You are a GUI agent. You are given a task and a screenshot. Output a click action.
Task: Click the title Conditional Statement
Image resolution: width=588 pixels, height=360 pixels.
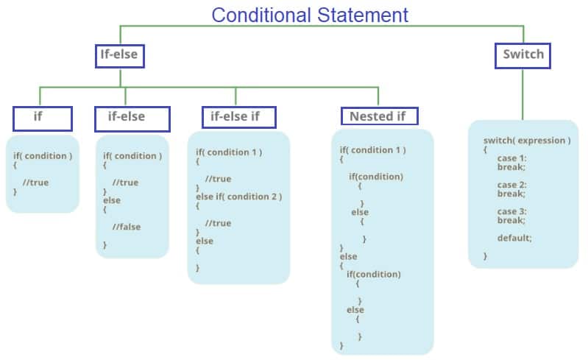click(309, 14)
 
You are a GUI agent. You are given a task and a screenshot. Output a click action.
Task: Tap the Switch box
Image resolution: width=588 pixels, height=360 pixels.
click(523, 54)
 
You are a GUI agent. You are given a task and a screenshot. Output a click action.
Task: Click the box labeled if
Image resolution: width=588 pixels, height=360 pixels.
click(42, 118)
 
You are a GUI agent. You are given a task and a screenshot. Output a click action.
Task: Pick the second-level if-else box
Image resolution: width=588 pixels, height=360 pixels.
click(132, 118)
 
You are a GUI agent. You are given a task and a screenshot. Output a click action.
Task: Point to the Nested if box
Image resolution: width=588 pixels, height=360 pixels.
click(378, 116)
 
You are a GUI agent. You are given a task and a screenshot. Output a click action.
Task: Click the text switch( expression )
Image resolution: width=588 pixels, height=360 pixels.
click(526, 140)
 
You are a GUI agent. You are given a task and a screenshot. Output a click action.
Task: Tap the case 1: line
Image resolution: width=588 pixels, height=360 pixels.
click(511, 158)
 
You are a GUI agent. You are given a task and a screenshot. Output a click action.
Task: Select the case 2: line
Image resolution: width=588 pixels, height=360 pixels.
click(511, 185)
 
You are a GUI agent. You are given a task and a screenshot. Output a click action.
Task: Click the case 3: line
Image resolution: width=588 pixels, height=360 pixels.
click(511, 211)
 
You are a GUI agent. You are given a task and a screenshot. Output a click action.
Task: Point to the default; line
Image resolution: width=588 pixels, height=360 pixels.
click(514, 238)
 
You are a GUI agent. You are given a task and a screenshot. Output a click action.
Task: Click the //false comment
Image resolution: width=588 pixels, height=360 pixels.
click(126, 227)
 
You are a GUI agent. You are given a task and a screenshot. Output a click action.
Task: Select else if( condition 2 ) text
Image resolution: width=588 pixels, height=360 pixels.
click(238, 197)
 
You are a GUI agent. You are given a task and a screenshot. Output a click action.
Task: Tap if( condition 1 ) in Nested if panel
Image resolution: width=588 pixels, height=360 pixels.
click(372, 150)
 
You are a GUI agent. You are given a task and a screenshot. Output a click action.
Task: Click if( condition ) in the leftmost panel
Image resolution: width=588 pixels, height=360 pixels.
click(43, 156)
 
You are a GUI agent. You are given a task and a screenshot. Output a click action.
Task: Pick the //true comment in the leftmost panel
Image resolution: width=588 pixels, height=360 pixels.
click(35, 183)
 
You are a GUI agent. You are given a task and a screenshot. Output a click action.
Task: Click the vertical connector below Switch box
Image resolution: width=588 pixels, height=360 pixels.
click(523, 94)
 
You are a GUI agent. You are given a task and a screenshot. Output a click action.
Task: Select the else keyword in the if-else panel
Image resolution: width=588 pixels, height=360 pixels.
click(111, 200)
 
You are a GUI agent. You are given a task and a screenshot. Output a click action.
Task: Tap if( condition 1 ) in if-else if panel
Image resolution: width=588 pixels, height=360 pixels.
click(229, 152)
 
